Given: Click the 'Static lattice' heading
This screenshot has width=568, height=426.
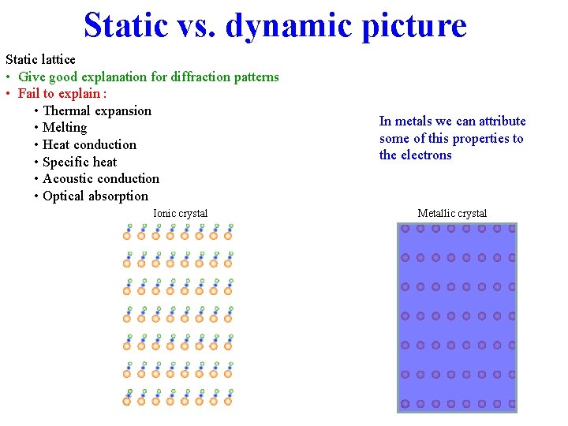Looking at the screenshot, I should click(41, 60).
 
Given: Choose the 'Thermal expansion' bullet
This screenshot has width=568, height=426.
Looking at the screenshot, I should click(97, 110).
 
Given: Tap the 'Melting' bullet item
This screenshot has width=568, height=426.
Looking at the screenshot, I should click(65, 128).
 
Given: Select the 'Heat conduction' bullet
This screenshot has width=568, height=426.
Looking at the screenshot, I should click(89, 144).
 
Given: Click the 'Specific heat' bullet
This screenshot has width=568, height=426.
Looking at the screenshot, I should click(80, 162).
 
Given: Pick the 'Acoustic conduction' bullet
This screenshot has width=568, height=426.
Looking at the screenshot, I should click(101, 179).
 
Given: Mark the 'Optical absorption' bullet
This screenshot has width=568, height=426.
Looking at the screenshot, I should click(95, 196).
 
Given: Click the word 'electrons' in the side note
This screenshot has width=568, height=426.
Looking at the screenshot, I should click(426, 155).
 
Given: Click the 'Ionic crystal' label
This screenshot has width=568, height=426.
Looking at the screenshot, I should click(181, 213).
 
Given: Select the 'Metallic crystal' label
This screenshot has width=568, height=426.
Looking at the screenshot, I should click(452, 213).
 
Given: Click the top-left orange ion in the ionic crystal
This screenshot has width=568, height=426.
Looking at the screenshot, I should click(127, 235).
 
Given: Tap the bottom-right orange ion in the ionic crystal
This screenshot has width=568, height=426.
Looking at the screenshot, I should click(228, 402).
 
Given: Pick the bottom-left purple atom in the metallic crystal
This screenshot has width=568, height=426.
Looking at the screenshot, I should click(405, 403).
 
